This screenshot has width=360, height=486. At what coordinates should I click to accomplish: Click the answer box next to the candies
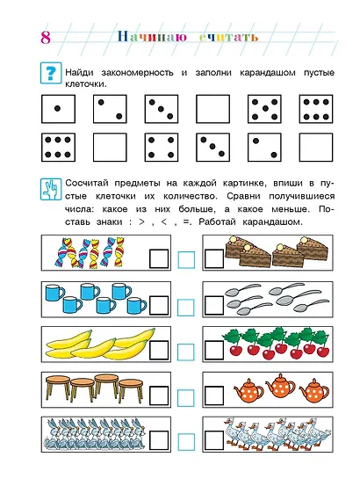coord(159,257)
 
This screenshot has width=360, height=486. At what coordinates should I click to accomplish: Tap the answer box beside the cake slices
coord(214,257)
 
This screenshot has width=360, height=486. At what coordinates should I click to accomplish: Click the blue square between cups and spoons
coord(186,306)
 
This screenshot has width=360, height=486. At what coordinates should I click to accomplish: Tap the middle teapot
coord(279,386)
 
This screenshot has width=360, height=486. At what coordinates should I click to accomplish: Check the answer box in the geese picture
coord(214,436)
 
